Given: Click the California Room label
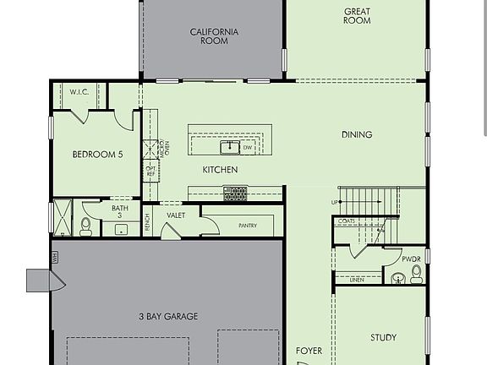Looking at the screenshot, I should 214,36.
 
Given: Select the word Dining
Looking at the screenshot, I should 357,134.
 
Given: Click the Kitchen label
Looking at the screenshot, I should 220,170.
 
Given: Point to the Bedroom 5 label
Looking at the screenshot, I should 97,155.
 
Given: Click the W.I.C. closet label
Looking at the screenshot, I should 79,91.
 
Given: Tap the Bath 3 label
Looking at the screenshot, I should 120,212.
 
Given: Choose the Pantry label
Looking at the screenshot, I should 248,226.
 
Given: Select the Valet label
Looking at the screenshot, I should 176,215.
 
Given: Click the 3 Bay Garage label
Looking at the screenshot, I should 168,317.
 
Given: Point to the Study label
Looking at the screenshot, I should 383,338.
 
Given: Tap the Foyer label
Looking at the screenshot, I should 309,350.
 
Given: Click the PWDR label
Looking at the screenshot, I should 411,259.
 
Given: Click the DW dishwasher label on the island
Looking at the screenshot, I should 248,148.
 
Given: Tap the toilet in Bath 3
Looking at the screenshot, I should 86,226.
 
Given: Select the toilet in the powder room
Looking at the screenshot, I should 416,273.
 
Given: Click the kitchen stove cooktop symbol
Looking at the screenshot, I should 235,193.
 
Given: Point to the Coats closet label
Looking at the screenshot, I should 346,221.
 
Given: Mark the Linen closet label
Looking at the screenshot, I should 356,280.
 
